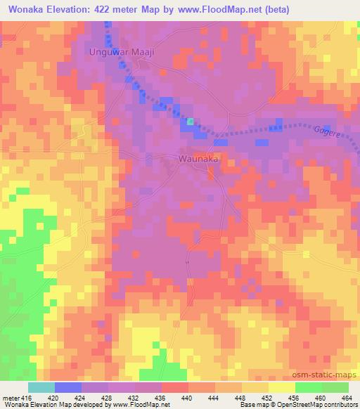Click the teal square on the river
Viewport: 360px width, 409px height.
(191, 122)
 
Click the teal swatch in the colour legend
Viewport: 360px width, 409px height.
(41, 387)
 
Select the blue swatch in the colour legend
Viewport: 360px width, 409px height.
(68, 387)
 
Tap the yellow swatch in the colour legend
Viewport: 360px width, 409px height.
(282, 387)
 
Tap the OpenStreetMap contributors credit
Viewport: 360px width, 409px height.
(326, 405)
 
